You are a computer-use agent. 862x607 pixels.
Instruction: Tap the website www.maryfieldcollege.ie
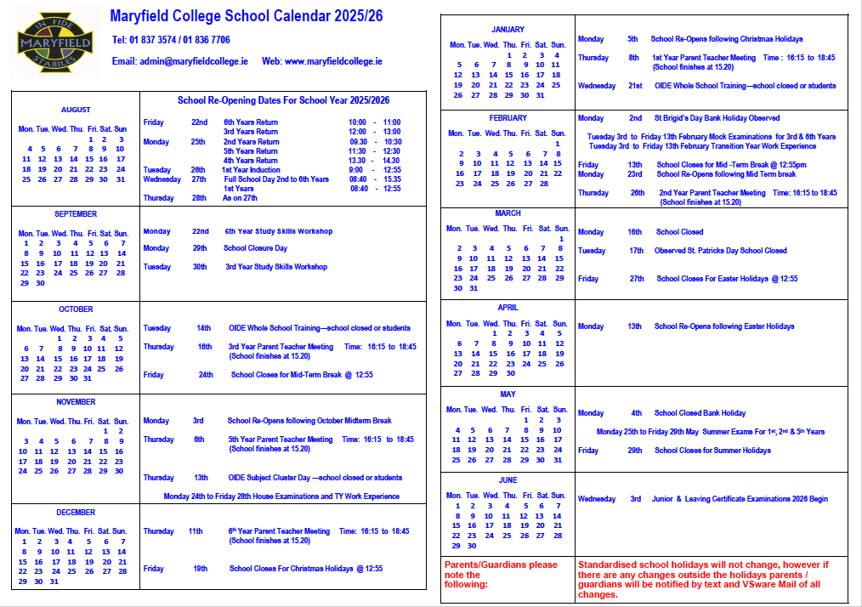point(333,61)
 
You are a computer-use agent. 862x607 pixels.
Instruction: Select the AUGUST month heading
point(76,110)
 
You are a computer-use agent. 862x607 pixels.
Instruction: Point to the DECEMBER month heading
point(76,513)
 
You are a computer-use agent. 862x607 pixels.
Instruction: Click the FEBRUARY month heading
point(508,118)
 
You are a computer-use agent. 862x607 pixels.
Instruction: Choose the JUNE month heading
point(508,480)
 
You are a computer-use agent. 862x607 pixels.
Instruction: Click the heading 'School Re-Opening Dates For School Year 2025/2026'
point(283,100)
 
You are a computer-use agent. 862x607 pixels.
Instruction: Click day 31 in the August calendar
point(120,179)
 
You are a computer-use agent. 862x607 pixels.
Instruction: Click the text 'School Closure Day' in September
point(255,248)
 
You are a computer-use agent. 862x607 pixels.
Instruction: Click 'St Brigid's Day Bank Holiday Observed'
point(716,118)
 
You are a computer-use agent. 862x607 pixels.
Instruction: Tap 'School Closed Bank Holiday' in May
point(700,413)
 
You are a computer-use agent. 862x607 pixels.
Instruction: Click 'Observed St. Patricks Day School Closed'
point(720,251)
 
